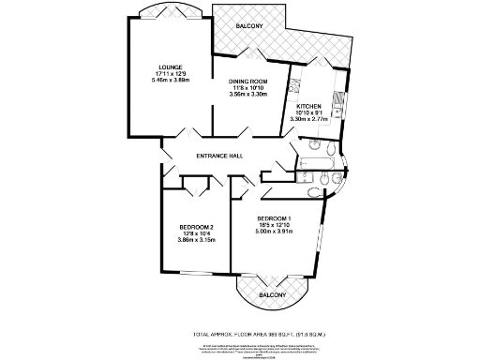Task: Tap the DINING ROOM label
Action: click(x=249, y=82)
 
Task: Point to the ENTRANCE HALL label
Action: click(x=220, y=156)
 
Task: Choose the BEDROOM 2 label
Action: click(x=197, y=226)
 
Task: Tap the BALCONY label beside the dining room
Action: click(x=249, y=25)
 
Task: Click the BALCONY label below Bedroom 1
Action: click(x=272, y=294)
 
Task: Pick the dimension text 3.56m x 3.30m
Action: click(x=249, y=96)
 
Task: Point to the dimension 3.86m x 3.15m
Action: click(x=197, y=240)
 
